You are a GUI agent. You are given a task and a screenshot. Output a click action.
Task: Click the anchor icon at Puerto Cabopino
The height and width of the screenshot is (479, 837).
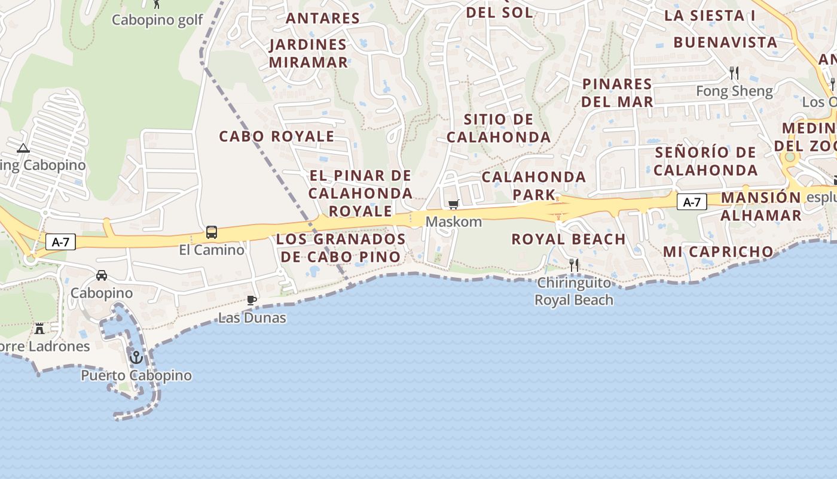[x=136, y=357]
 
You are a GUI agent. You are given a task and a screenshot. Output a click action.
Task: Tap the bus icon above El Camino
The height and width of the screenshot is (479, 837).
[x=212, y=232]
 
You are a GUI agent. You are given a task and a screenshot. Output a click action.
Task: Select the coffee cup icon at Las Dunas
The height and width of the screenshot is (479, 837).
[x=252, y=300]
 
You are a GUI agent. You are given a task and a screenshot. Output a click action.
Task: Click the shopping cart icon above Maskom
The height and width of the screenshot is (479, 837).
[x=454, y=205]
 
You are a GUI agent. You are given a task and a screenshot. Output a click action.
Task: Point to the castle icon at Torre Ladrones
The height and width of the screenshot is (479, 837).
[x=39, y=329]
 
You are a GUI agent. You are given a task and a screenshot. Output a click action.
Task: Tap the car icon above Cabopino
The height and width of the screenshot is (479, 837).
[x=102, y=275]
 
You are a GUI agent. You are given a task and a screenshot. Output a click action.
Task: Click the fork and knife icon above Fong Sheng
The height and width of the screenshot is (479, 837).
[x=734, y=73]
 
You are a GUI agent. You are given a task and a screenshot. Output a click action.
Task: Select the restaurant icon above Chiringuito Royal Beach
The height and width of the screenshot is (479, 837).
[x=574, y=265]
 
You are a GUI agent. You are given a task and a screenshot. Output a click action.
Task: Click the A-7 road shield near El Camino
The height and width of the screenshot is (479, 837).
[x=61, y=242]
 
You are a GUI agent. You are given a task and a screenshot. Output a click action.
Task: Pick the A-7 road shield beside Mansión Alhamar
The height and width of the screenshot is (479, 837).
[x=692, y=202]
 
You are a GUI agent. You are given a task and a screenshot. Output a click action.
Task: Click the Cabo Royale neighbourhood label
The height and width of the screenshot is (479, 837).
[x=276, y=137]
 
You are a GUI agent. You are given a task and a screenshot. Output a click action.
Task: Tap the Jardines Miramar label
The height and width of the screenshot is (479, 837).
[x=308, y=53]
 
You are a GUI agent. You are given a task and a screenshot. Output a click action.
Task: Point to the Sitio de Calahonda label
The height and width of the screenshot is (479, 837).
[x=499, y=128]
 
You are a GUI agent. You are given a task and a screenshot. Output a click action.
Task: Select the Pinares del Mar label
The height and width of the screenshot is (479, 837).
[x=617, y=93]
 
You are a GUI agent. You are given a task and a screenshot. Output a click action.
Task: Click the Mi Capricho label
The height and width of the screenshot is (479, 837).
[x=718, y=251]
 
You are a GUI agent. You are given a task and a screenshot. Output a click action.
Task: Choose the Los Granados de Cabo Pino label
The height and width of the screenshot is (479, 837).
[x=341, y=248]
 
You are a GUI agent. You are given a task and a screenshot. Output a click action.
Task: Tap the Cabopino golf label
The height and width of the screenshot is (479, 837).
[x=158, y=20]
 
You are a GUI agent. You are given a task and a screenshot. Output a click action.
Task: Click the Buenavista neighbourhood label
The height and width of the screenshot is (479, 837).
[x=725, y=43]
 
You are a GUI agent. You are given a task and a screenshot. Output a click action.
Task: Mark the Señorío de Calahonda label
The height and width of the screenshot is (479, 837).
[x=705, y=161]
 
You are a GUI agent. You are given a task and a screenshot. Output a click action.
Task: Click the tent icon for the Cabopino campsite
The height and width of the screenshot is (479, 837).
[x=23, y=148]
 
